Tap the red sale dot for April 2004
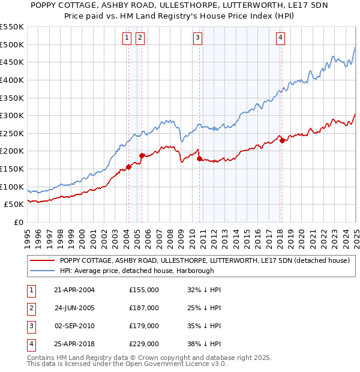[x=128, y=167]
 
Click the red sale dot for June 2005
[x=142, y=156]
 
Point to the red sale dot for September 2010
[x=199, y=159]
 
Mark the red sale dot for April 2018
[x=282, y=141]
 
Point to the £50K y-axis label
[x=14, y=205]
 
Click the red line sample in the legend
[x=41, y=260]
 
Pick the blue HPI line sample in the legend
[x=41, y=271]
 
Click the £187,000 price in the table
[x=144, y=308]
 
